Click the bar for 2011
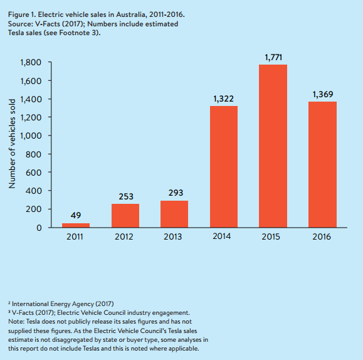click(x=76, y=225)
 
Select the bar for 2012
click(x=125, y=216)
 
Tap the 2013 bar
click(x=174, y=214)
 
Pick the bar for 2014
click(x=224, y=167)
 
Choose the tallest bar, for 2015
click(x=273, y=146)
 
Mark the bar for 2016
click(x=322, y=164)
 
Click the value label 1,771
click(x=273, y=58)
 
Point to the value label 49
click(x=76, y=216)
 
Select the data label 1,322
click(x=223, y=99)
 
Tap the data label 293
click(x=176, y=193)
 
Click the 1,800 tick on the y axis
click(x=31, y=63)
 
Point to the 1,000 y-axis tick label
click(x=31, y=135)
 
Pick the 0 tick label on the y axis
click(x=39, y=228)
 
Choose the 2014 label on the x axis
click(x=222, y=236)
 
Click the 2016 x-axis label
click(x=322, y=236)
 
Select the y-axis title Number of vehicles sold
click(x=12, y=144)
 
